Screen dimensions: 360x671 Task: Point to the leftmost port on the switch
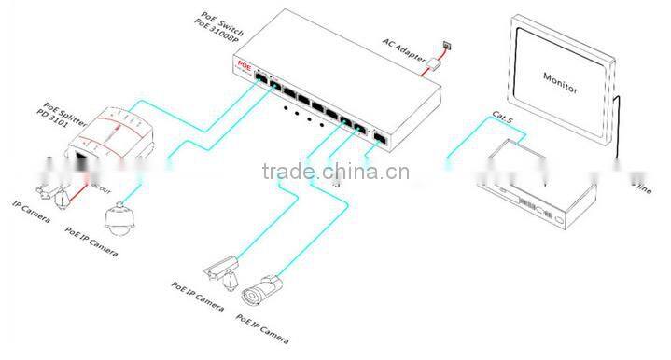[x=264, y=85]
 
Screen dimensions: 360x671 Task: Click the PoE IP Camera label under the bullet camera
[x=259, y=333]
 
